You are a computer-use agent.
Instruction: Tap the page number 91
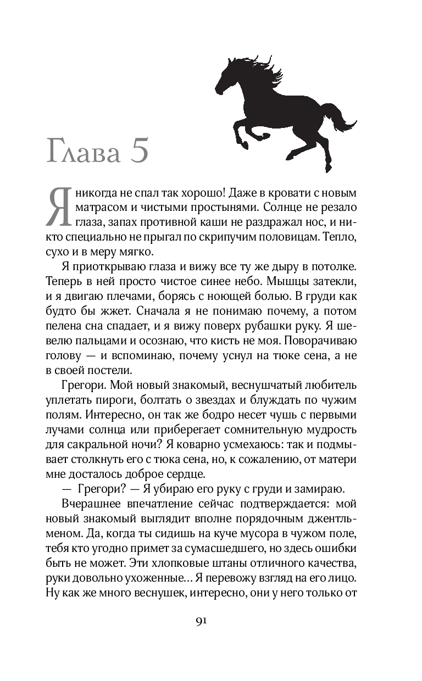tap(201, 621)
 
